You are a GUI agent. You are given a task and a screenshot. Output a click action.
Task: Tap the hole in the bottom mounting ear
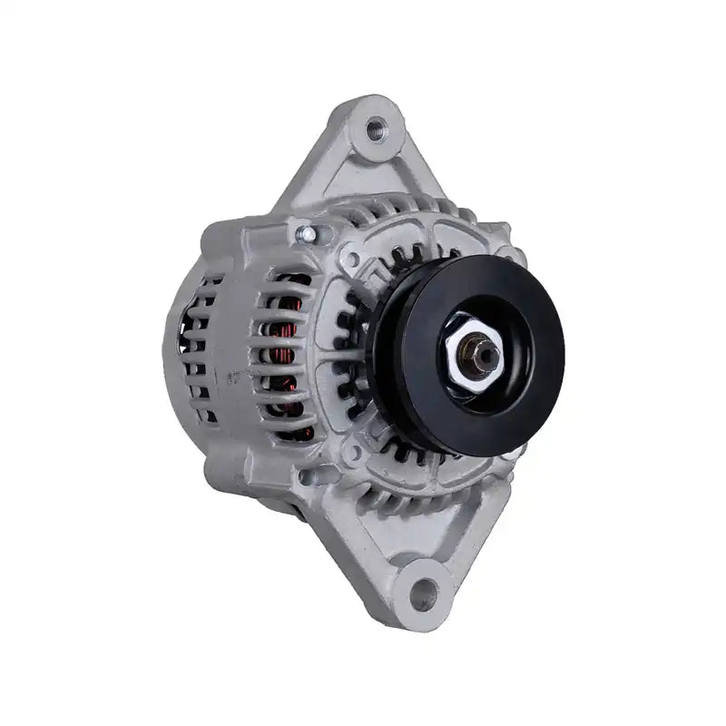pyautogui.click(x=423, y=594)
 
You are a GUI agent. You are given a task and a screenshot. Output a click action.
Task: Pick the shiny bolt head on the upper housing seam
pyautogui.click(x=308, y=235)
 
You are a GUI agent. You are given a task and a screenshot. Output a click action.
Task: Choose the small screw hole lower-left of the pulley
pyautogui.click(x=351, y=451)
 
